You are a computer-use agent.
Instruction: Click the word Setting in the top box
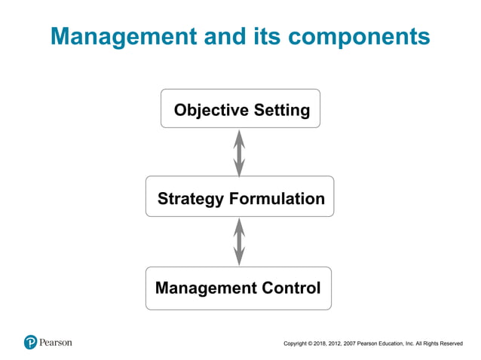[x=281, y=111]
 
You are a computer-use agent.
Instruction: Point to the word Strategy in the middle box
[x=190, y=200]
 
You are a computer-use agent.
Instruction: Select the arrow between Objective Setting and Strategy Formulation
[x=239, y=154]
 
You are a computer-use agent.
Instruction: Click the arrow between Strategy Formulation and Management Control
[x=239, y=242]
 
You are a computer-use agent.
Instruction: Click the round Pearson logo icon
[x=30, y=342]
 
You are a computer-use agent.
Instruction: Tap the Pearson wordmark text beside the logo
[x=57, y=342]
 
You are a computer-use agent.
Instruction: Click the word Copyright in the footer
[x=296, y=344]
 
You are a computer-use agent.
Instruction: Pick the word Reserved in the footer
[x=449, y=344]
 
